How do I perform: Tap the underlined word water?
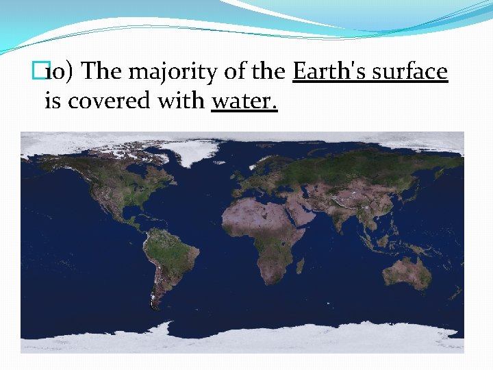click(244, 101)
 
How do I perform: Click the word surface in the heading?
click(410, 71)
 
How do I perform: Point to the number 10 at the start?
click(58, 72)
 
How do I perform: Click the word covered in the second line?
click(103, 101)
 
